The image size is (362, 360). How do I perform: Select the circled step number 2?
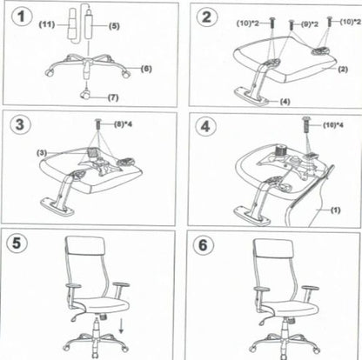[x=205, y=18]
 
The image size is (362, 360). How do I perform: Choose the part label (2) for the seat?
[x=342, y=68]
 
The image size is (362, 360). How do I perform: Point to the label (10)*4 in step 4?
[x=332, y=127]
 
